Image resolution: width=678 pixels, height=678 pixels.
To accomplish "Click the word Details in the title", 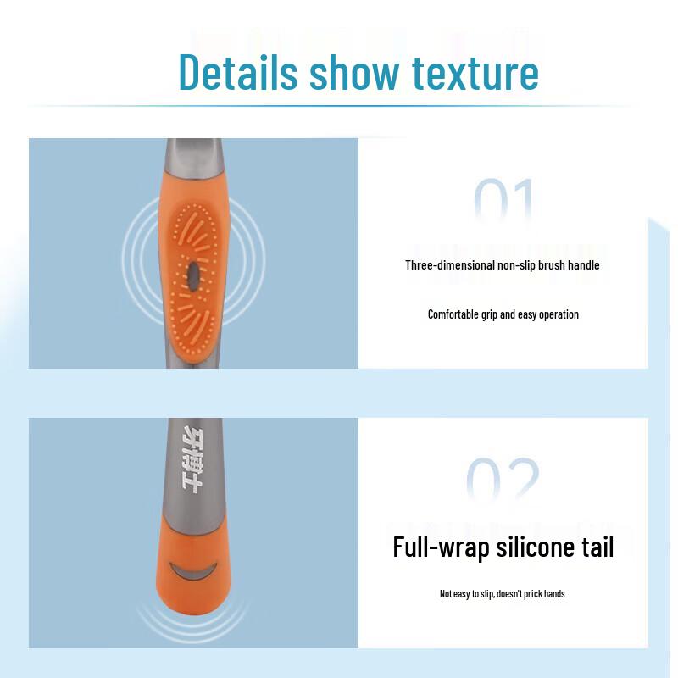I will pyautogui.click(x=238, y=73).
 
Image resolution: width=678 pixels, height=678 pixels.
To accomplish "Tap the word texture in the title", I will pyautogui.click(x=475, y=73).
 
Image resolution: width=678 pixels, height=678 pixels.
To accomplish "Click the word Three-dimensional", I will pyautogui.click(x=449, y=265).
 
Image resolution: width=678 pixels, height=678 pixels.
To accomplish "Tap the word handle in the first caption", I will pyautogui.click(x=583, y=265).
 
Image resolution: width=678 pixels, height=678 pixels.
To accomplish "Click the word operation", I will pyautogui.click(x=557, y=314).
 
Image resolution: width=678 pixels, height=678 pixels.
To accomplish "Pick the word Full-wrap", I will pyautogui.click(x=430, y=547).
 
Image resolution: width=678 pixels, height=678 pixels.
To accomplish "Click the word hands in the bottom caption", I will pyautogui.click(x=554, y=594).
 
